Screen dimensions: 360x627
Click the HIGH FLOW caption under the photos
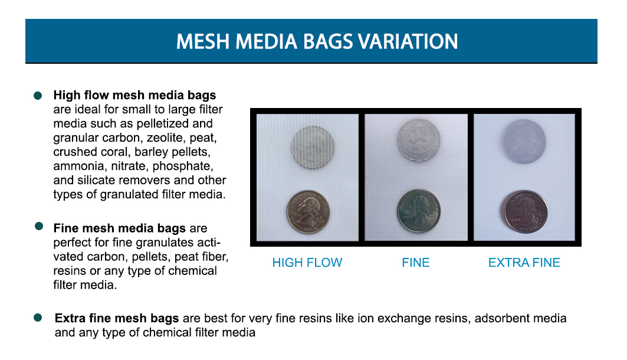click(x=307, y=263)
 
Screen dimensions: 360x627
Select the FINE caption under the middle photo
click(x=416, y=263)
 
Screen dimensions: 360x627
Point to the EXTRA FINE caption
click(x=524, y=263)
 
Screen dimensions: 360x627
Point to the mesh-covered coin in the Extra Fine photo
click(x=522, y=140)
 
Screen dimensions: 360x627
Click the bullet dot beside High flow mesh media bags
click(x=38, y=94)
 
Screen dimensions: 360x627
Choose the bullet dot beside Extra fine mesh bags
click(x=38, y=318)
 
